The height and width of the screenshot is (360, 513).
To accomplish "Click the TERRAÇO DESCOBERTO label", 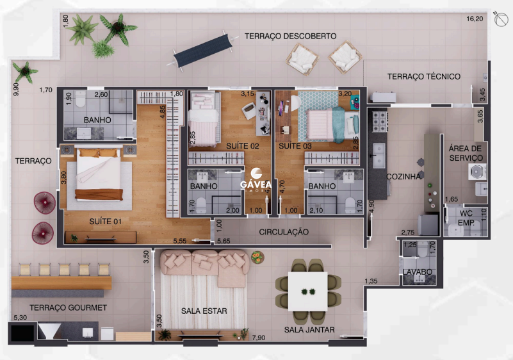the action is tap(290, 36).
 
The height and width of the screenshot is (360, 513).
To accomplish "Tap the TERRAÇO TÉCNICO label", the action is tap(424, 77).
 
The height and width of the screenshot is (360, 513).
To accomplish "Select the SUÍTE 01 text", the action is tap(105, 222).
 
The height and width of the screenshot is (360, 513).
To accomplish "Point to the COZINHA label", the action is tap(403, 177).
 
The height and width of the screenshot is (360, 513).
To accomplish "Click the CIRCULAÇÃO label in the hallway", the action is tap(284, 232).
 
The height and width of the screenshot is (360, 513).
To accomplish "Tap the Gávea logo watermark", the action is tap(256, 179).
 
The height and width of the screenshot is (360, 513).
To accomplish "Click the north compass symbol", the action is tap(501, 19).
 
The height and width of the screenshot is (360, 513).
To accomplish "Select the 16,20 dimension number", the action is tap(475, 19).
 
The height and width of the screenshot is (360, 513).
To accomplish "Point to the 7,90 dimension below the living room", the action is tap(259, 338).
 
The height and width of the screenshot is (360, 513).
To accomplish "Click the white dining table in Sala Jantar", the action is tap(307, 291).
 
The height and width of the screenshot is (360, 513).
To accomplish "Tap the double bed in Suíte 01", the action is tap(99, 174).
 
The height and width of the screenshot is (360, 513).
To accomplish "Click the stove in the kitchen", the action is tap(380, 122).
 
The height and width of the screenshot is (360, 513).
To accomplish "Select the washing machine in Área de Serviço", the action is tap(477, 172).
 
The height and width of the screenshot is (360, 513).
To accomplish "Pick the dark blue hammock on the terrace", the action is tap(203, 51).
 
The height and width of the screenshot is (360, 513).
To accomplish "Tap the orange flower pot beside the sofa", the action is tap(257, 258).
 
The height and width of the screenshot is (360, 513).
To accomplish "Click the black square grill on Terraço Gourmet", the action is tap(22, 333).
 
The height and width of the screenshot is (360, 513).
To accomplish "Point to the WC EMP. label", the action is tap(466, 218).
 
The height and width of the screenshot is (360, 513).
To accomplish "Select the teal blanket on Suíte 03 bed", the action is tap(339, 125).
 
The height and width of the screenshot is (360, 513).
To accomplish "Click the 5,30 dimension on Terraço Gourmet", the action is tap(20, 318).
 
